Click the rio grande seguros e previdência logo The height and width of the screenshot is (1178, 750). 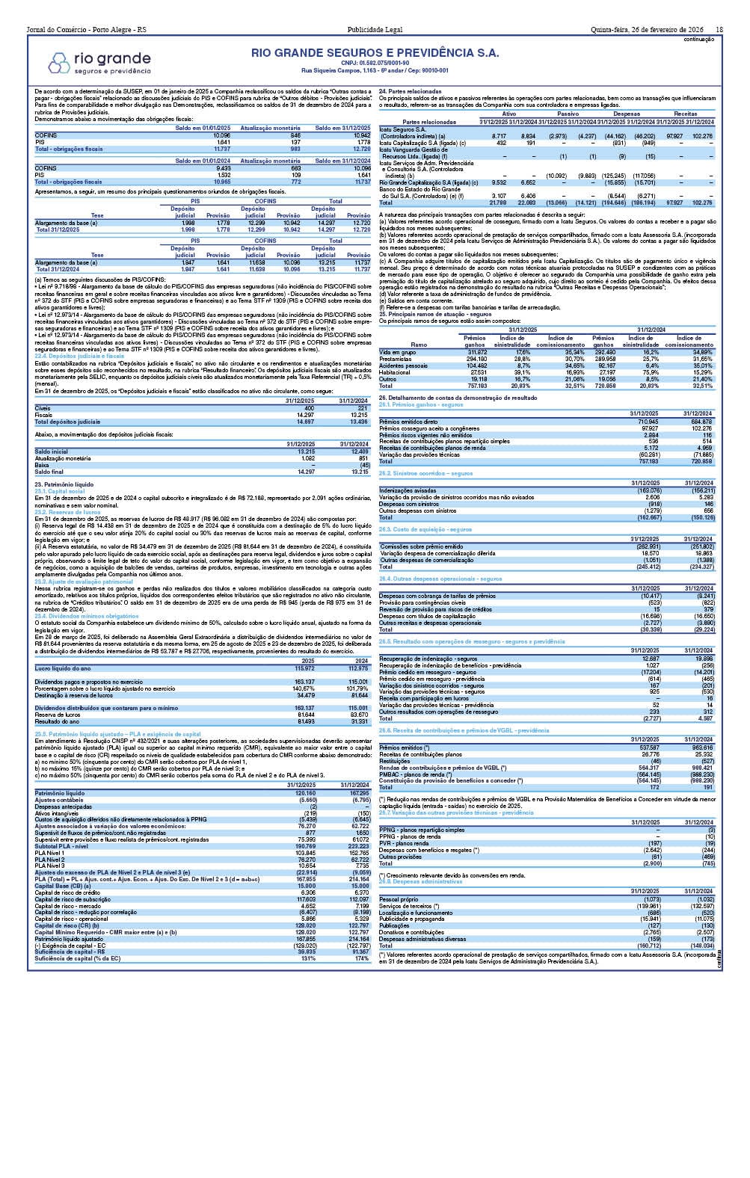pyautogui.click(x=104, y=62)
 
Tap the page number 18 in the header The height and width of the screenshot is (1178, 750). pyautogui.click(x=719, y=29)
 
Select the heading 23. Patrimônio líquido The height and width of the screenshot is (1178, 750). pyautogui.click(x=64, y=484)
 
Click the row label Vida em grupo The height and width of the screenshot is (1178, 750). pyautogui.click(x=398, y=351)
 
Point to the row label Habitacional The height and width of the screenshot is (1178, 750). pyautogui.click(x=396, y=371)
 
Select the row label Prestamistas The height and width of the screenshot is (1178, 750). pyautogui.click(x=396, y=358)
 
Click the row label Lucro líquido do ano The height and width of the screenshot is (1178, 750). pyautogui.click(x=63, y=668)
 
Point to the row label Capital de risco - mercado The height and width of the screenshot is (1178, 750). pyautogui.click(x=70, y=906)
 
